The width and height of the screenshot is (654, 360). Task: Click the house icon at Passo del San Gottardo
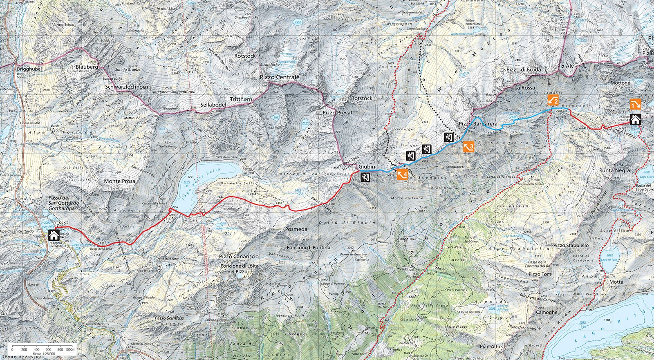(54, 235)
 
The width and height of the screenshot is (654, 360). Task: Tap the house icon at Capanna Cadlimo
(635, 119)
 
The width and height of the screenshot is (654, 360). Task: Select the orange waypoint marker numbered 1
(635, 105)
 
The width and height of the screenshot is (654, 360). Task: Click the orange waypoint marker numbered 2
(553, 100)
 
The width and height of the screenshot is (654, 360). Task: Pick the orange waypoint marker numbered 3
(468, 146)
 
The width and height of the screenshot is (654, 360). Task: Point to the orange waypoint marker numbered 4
(403, 174)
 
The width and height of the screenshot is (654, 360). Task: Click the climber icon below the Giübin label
(365, 177)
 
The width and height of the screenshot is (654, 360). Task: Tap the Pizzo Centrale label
(280, 77)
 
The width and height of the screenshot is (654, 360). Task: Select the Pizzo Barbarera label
(478, 123)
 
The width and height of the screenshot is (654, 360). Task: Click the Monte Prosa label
(119, 181)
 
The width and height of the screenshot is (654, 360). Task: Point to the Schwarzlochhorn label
(126, 87)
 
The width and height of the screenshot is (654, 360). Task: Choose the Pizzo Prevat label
(337, 112)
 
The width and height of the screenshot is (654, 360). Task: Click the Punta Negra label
(614, 170)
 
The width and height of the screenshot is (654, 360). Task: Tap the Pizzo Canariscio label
(239, 256)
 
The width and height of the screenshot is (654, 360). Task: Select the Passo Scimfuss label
(169, 318)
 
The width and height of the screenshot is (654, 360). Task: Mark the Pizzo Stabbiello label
(571, 246)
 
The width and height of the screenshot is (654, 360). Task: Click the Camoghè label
(546, 312)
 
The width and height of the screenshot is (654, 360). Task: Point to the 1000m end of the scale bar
(70, 349)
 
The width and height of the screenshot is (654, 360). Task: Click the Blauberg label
(87, 67)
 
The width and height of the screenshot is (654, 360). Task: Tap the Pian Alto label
(490, 347)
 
